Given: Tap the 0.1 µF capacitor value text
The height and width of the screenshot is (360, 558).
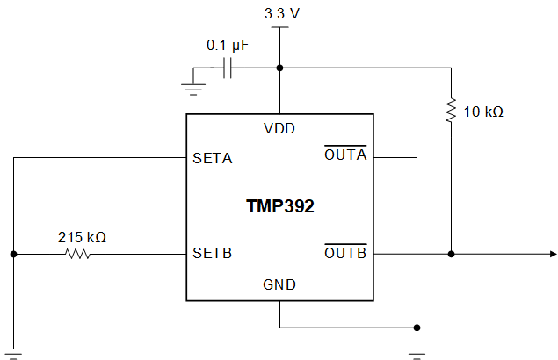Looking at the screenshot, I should [x=226, y=44].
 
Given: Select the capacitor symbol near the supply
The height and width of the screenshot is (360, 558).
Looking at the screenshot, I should [x=228, y=68].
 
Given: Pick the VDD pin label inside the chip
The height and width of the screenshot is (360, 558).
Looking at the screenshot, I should [x=279, y=128].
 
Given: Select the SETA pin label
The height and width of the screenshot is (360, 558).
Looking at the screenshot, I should [x=212, y=159].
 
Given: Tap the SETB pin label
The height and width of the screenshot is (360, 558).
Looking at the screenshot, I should [x=212, y=255].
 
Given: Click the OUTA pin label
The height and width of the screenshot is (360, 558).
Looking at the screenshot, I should [x=345, y=156].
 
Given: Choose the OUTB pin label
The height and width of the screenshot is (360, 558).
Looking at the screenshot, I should [x=345, y=254].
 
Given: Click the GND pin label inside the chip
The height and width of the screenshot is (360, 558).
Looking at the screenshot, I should [x=279, y=284].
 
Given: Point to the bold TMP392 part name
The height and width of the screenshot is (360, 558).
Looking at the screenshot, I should [x=279, y=207].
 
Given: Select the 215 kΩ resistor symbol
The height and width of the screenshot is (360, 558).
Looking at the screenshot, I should [x=77, y=255].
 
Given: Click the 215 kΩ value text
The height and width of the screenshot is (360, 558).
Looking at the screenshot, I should [x=82, y=237].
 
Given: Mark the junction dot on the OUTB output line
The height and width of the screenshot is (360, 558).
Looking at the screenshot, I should [x=451, y=255].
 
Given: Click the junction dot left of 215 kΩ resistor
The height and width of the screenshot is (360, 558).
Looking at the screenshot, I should [x=14, y=255].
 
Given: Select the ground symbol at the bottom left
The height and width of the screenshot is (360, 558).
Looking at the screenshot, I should [x=14, y=352].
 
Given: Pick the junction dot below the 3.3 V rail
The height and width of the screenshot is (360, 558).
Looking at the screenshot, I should [x=279, y=68].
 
